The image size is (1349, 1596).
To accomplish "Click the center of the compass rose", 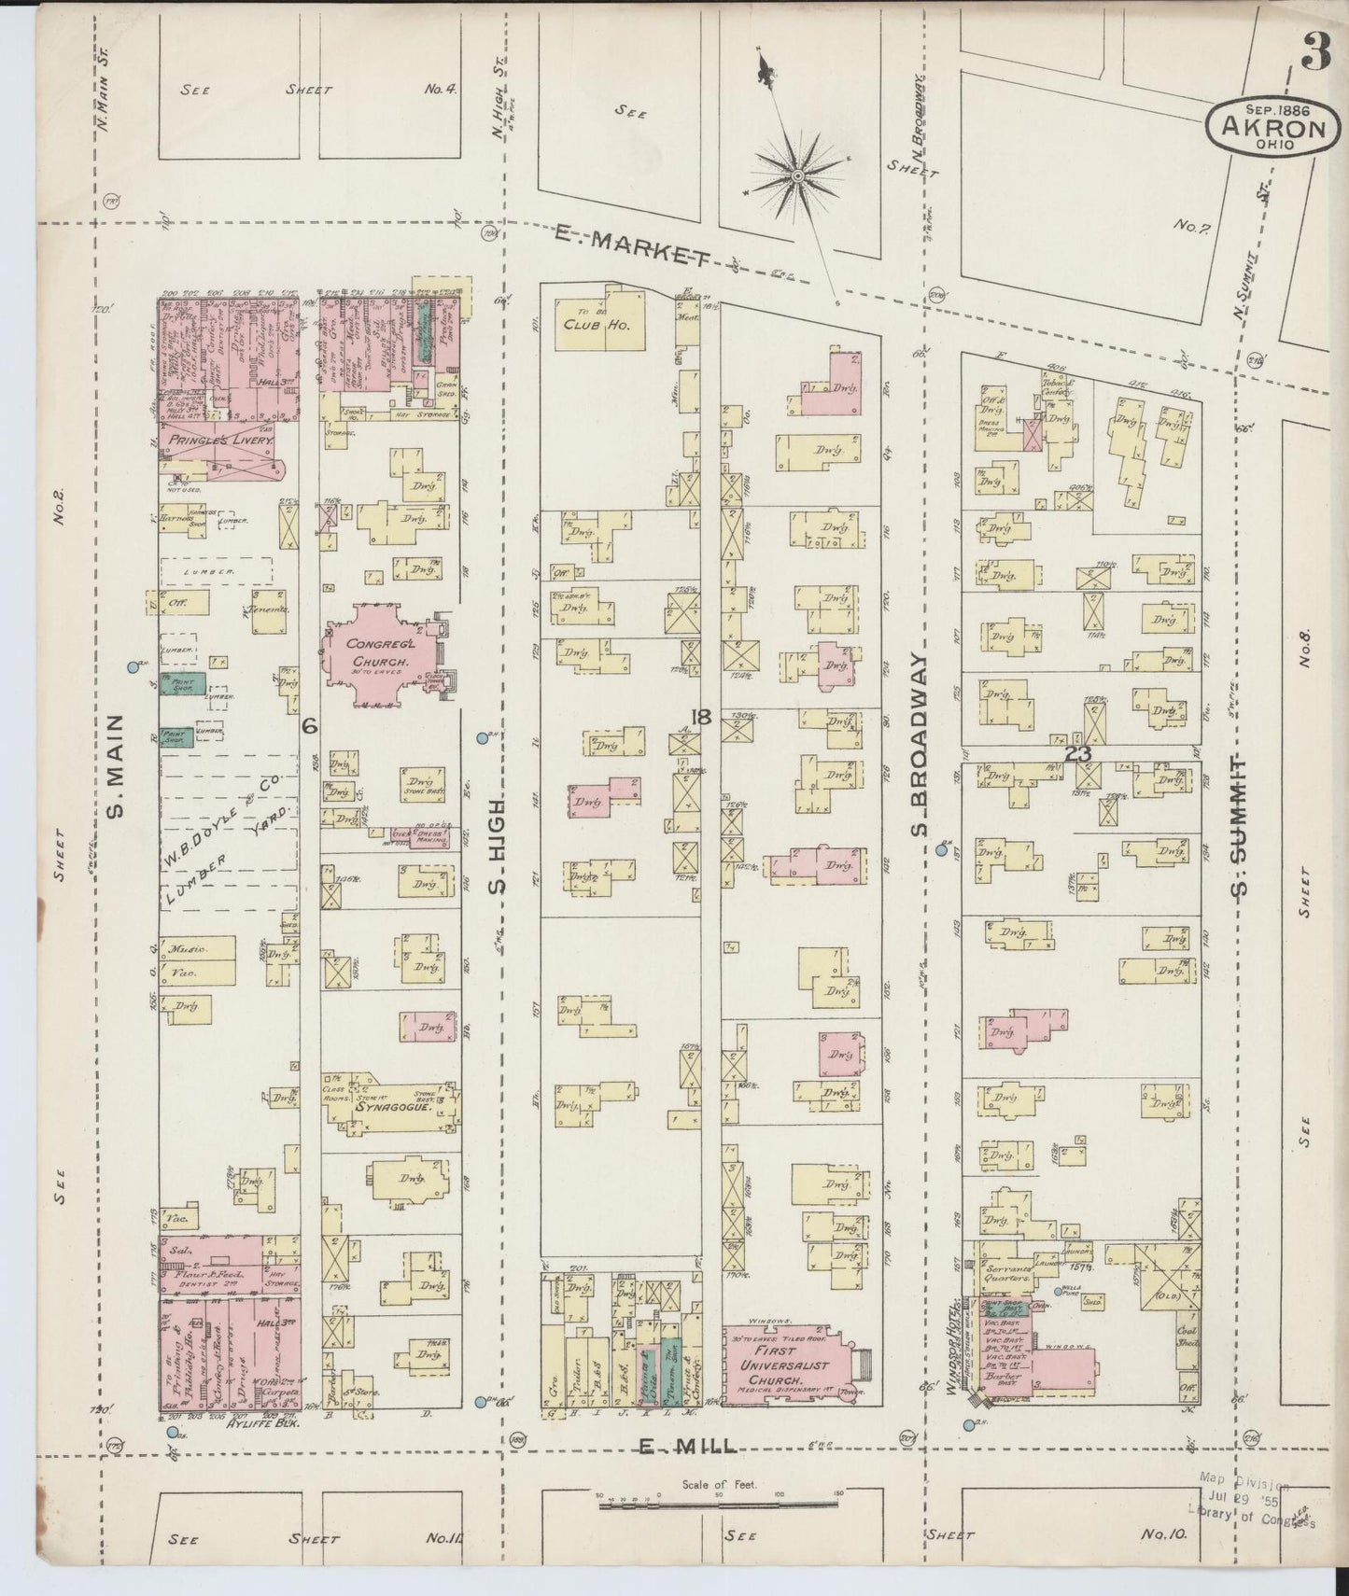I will click(x=799, y=175).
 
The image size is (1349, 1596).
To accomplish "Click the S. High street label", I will click(x=497, y=844).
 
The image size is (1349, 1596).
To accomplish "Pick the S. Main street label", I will click(x=117, y=765).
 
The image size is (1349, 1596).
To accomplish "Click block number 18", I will click(x=701, y=717).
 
